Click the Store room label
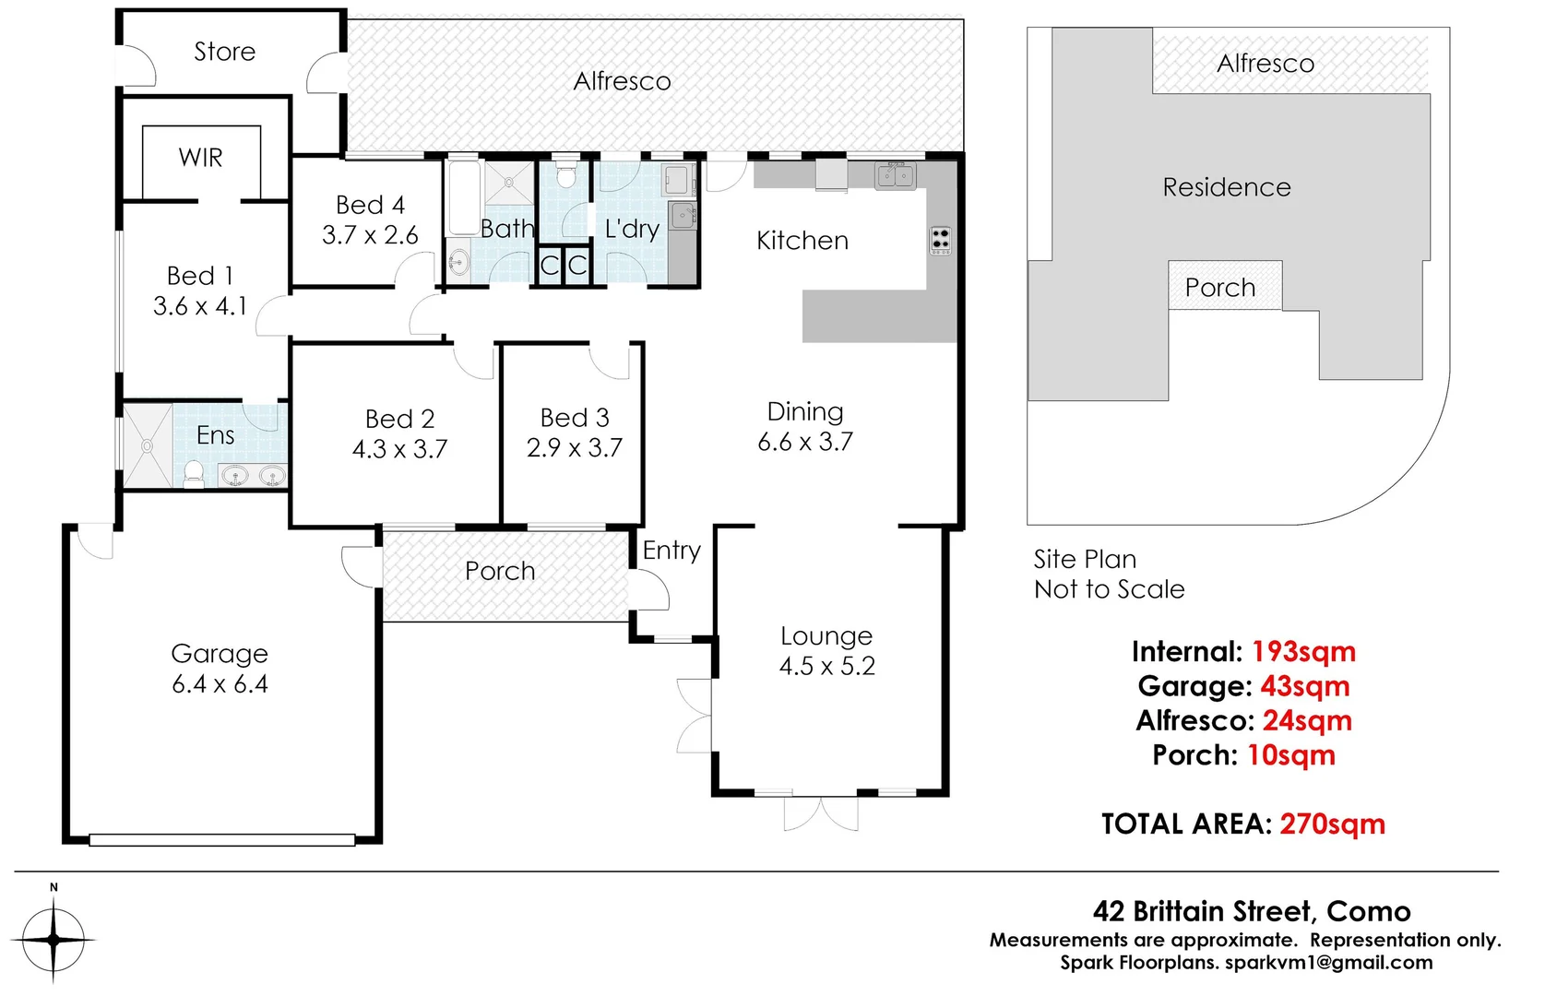224,52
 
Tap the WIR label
200,158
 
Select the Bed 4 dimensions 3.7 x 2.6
370,235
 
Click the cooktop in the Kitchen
940,240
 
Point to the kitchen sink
895,174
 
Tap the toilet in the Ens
194,474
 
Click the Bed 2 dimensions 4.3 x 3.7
399,449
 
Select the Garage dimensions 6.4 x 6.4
220,684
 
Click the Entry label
671,551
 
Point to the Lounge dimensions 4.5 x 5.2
826,666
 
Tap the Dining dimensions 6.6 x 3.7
804,442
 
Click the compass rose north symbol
53,939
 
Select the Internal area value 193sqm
1303,652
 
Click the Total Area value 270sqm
1332,824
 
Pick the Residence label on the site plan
1226,187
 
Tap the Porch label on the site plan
1219,288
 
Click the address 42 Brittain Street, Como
1251,911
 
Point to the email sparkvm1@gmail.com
1328,963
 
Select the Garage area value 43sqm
1304,686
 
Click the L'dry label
632,229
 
